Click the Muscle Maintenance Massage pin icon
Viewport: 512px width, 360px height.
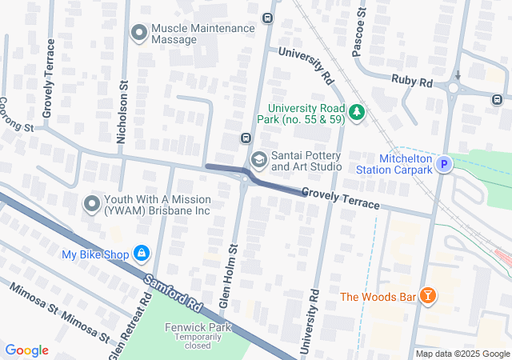pos(139,33)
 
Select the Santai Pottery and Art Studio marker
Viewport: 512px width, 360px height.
pos(258,160)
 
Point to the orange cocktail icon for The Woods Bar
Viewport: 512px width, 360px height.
pos(430,297)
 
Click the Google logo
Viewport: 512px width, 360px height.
pos(27,350)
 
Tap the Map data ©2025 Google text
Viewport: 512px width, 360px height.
pos(462,354)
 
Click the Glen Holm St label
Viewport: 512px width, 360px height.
pos(230,276)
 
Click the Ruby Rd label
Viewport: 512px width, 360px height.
pos(412,81)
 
